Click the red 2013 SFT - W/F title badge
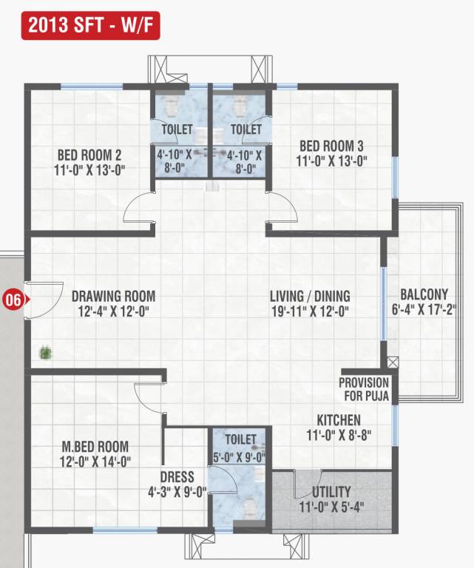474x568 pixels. [90, 26]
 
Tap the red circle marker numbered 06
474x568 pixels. [13, 300]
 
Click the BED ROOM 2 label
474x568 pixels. [89, 155]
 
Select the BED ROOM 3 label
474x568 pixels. [332, 146]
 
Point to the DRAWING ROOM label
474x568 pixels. [113, 297]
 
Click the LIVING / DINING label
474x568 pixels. [310, 297]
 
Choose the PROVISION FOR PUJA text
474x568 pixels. [364, 390]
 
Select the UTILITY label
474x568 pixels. [331, 492]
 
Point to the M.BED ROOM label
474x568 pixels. [95, 447]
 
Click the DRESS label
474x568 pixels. [177, 477]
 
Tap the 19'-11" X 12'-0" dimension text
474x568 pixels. [310, 311]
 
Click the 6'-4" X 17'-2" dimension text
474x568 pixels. [424, 309]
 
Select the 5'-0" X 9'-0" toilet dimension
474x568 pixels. [240, 456]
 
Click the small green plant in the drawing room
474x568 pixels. [46, 352]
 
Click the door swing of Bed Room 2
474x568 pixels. [138, 210]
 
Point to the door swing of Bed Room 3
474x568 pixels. [282, 208]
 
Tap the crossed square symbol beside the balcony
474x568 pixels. [392, 362]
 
